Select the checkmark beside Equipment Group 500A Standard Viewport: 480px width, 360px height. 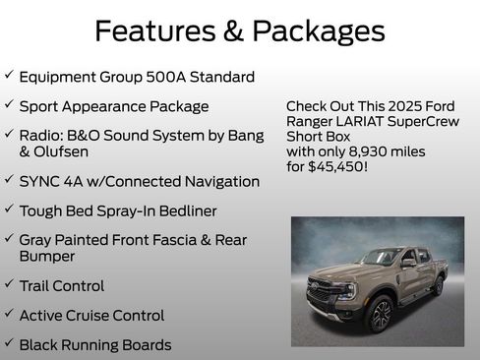9,75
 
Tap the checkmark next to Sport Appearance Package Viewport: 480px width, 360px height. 9,104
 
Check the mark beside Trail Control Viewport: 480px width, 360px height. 9,285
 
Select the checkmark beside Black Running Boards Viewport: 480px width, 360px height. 9,344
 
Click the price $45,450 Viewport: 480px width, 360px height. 339,166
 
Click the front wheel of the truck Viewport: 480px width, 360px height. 380,315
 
